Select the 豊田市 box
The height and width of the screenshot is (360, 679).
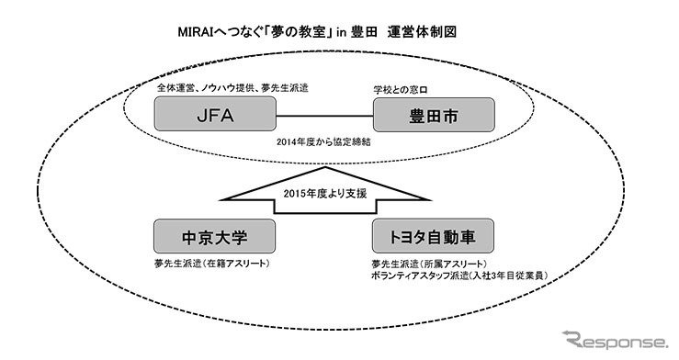pos(434,118)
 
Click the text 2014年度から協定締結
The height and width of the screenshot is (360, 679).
pos(323,145)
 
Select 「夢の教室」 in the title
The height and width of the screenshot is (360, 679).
pos(304,30)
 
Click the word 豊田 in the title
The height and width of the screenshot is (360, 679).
pos(376,30)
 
